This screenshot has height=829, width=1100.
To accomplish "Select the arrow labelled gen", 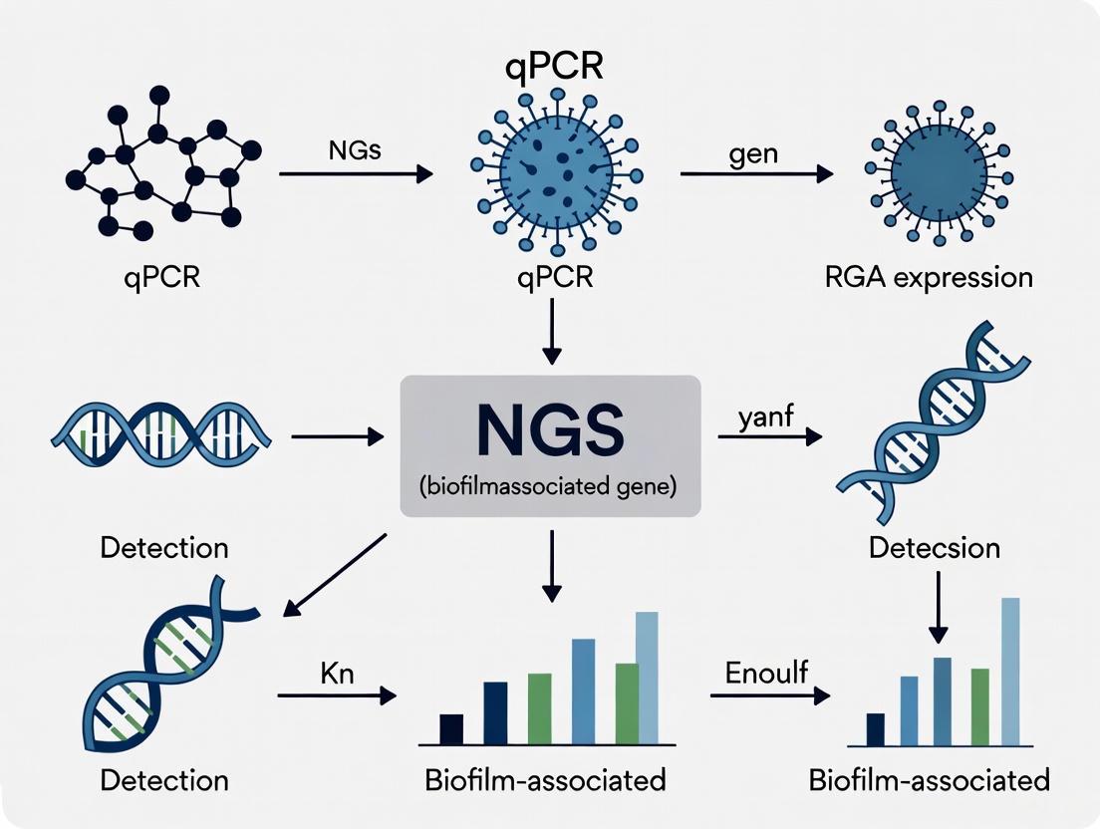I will (754, 173).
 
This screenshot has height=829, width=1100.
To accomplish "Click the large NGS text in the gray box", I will (550, 430).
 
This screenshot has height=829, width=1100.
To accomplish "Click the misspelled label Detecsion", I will (934, 547).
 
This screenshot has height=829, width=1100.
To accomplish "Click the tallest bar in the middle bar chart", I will (647, 678).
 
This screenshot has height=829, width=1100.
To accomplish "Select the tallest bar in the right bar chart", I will (1009, 671).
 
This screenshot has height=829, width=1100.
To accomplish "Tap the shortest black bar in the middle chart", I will (451, 729).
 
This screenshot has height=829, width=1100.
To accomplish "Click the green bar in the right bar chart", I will (979, 706).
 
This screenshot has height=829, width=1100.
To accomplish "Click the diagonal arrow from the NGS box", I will (335, 575).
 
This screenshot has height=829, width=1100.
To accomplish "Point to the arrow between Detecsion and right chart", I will (937, 610).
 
